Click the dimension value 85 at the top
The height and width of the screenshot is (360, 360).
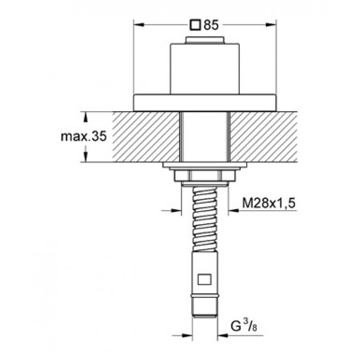point(211,25)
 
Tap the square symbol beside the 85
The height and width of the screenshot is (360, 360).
point(195,25)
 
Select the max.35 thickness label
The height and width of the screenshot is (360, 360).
point(84,137)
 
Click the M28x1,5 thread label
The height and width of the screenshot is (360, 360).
point(269,203)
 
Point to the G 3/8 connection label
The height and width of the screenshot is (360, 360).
point(243,325)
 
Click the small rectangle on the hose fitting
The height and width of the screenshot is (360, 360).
point(205,279)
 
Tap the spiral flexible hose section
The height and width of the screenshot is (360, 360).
point(205,219)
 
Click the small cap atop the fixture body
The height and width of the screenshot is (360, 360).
point(205,40)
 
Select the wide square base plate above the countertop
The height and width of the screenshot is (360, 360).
point(205,103)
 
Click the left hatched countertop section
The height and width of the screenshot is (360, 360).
point(146,137)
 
